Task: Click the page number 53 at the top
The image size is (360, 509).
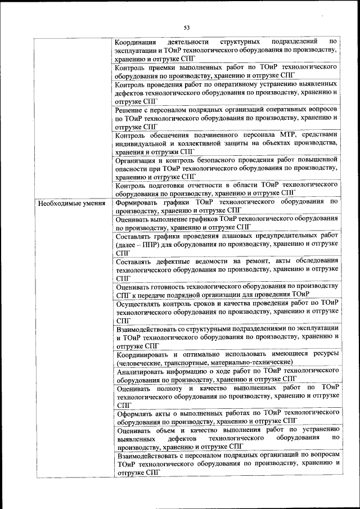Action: click(187, 26)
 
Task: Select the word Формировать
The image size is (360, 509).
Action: click(138, 202)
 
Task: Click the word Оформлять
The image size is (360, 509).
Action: click(135, 413)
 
